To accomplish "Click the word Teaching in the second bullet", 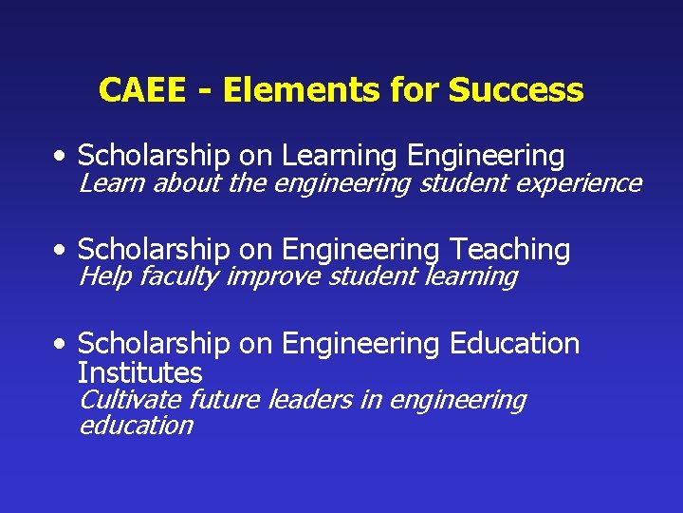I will coord(509,250).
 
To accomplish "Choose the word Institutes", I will coord(139,372).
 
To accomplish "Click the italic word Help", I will coord(104,276).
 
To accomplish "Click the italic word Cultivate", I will coord(130,400).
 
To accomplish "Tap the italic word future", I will coord(225,400).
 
